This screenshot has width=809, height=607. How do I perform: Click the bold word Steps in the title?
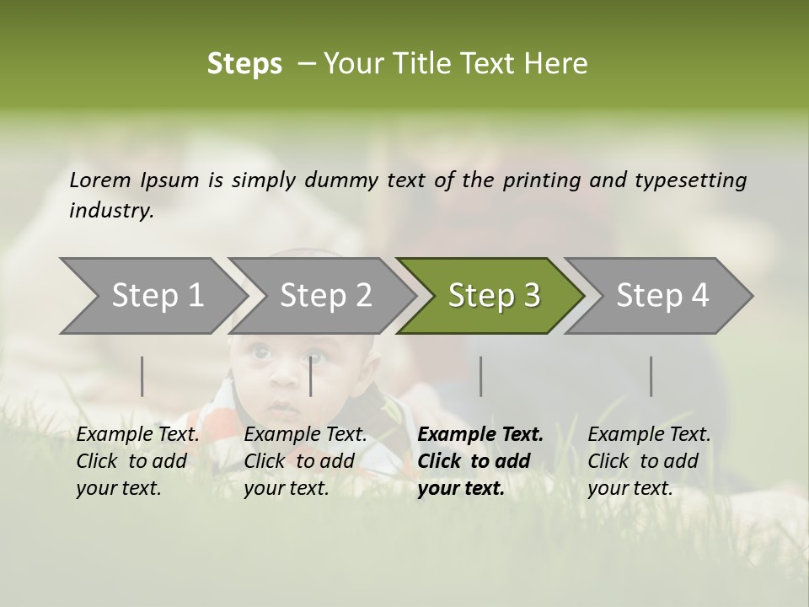[x=244, y=64]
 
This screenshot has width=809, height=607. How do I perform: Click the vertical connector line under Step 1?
[x=142, y=376]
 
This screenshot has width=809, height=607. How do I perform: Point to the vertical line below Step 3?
[x=480, y=376]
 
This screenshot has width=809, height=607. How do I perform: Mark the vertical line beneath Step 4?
[x=651, y=376]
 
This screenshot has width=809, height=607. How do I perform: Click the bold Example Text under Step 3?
[x=480, y=435]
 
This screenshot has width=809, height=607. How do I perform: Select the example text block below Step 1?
[x=137, y=461]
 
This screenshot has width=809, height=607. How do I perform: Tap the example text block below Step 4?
[x=649, y=461]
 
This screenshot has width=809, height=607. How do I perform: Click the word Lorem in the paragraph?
[x=100, y=180]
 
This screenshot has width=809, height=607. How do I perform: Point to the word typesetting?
[x=690, y=180]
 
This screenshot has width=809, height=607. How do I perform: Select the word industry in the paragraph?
[x=111, y=211]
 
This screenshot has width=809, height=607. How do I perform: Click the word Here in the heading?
[x=560, y=64]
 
